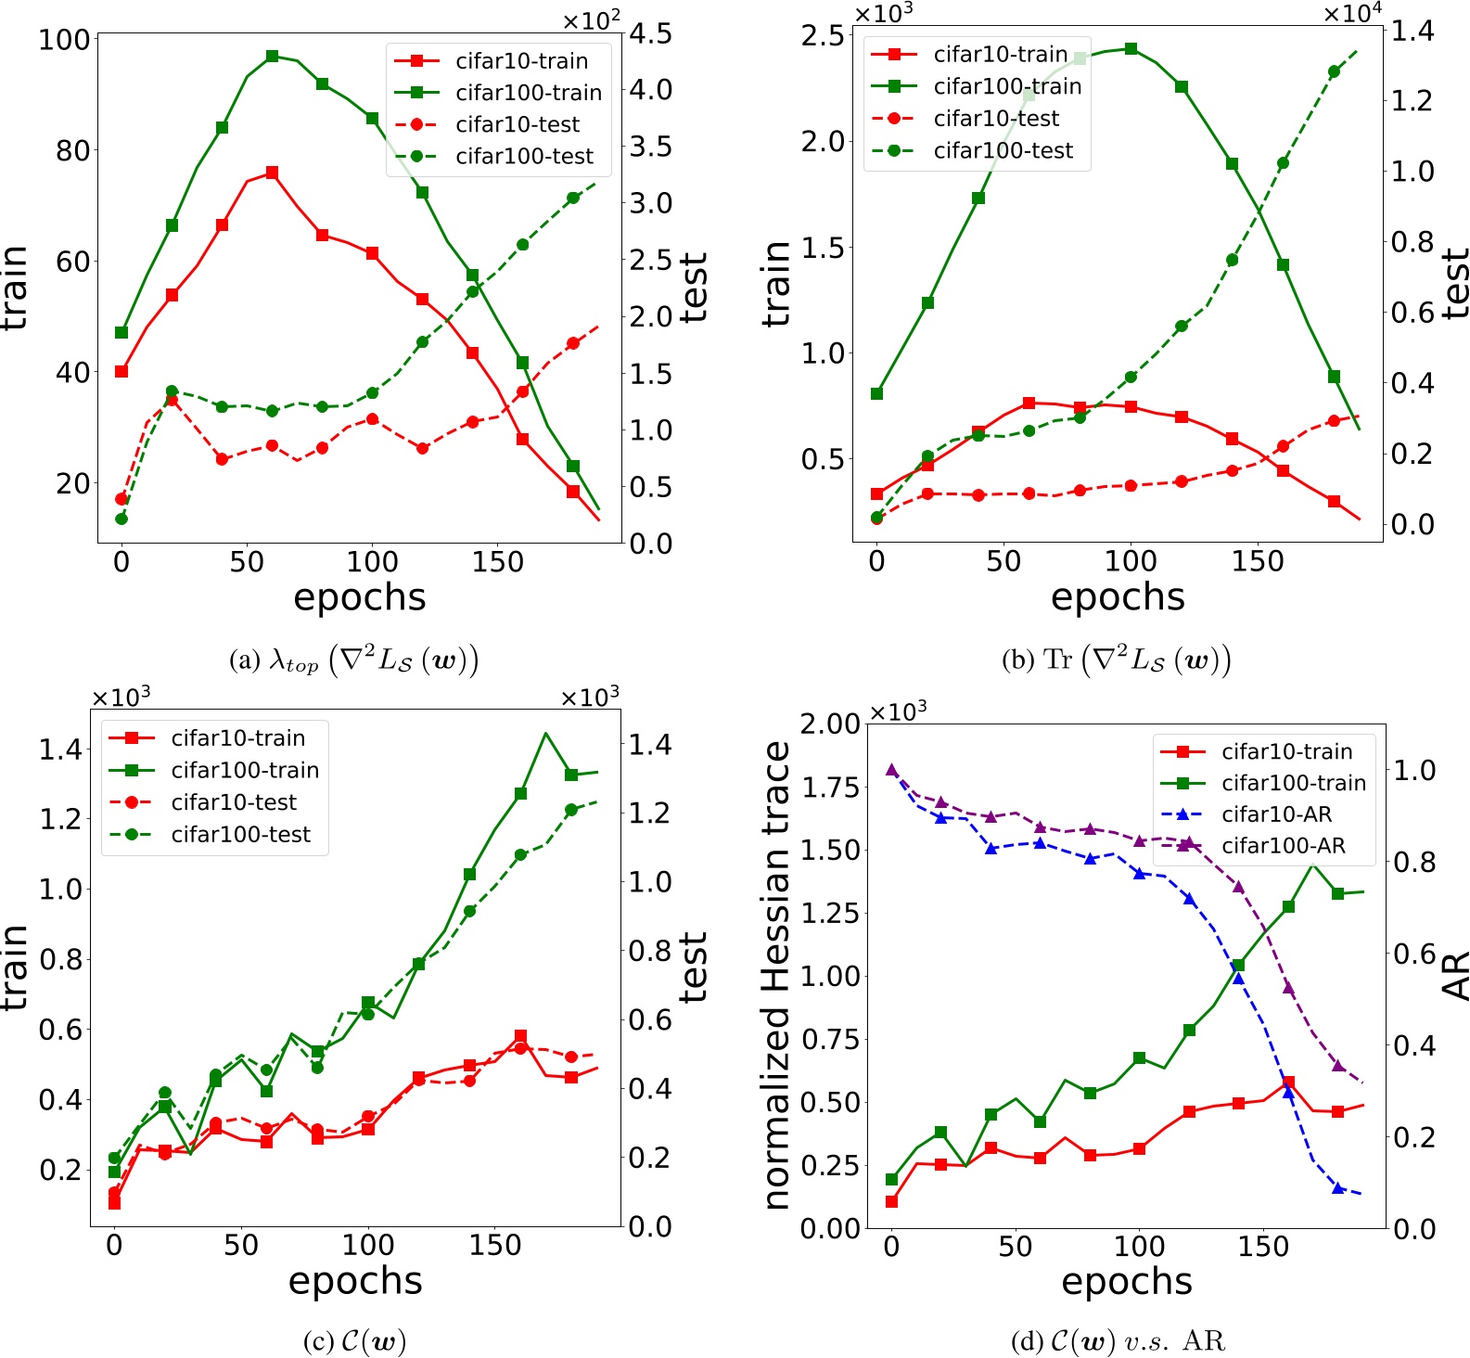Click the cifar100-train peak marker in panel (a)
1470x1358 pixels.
coord(272,57)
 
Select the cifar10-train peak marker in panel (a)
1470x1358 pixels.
coord(272,173)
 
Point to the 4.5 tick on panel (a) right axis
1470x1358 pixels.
coord(651,34)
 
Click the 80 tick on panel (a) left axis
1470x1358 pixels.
coord(72,150)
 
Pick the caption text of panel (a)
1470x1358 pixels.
coord(353,660)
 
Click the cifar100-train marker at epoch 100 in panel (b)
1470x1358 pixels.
coord(1131,48)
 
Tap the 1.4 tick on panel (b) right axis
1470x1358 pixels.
coord(1412,31)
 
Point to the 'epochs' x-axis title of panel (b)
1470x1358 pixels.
coord(1118,596)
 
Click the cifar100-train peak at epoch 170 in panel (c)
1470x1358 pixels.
coord(545,734)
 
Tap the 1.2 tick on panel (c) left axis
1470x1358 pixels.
coord(59,819)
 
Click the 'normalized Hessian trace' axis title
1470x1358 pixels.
coord(776,974)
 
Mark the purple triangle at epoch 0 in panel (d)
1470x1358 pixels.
coord(892,770)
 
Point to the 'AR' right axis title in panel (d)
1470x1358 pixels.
coord(1455,974)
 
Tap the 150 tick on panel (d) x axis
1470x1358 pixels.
coord(1263,1246)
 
